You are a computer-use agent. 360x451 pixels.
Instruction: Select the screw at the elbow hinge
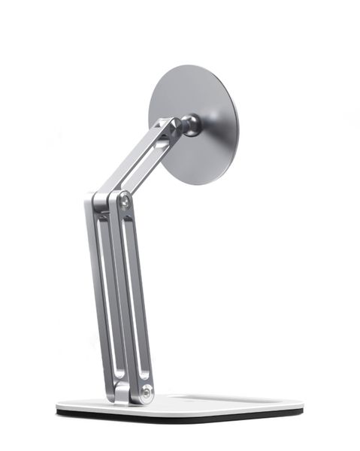(x=124, y=201)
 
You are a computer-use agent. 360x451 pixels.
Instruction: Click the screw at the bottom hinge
(x=145, y=392)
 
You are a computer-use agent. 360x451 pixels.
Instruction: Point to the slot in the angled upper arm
(x=142, y=162)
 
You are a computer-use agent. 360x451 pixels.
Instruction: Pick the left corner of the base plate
(x=59, y=410)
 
